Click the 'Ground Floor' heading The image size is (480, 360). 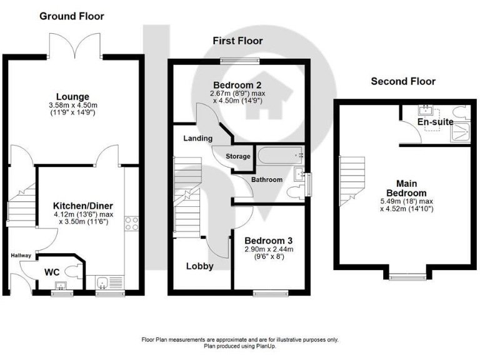click(72, 16)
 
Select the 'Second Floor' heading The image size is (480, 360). click(403, 81)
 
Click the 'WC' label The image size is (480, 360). click(52, 272)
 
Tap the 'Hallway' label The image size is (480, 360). click(21, 255)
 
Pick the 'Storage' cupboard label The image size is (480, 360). click(238, 156)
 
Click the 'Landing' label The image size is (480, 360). click(198, 138)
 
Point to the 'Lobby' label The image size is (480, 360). click(200, 266)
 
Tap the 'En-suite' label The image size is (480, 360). click(435, 122)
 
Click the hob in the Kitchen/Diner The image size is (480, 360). click(132, 223)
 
